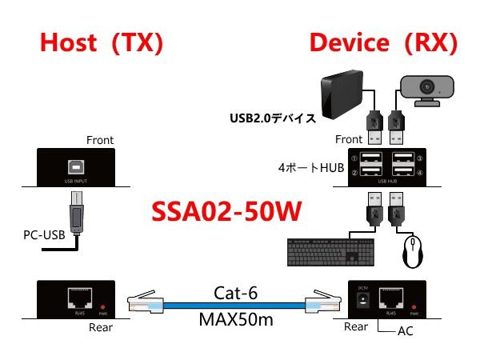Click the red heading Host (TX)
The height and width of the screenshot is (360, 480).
click(x=102, y=43)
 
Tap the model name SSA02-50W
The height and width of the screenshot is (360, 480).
click(x=226, y=212)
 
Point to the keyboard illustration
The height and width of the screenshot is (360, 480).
click(x=327, y=254)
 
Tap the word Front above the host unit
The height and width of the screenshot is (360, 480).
click(x=99, y=140)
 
